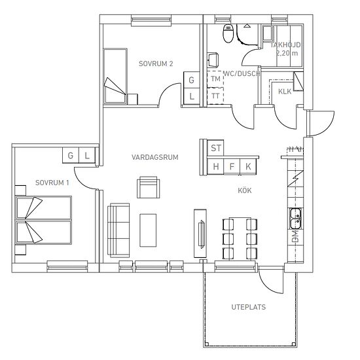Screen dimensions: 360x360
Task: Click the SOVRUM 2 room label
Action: click(156, 63)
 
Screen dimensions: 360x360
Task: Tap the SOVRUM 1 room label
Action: click(52, 183)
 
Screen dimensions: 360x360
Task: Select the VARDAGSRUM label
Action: click(154, 157)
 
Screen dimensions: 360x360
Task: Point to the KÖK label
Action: click(245, 190)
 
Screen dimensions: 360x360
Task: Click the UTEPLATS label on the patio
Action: click(249, 307)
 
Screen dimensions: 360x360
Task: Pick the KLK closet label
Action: click(285, 92)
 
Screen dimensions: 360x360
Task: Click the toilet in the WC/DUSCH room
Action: click(228, 33)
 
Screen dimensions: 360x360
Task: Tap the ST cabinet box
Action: click(215, 148)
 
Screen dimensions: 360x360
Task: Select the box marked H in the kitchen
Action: click(215, 166)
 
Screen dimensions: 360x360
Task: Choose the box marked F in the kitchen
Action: click(232, 166)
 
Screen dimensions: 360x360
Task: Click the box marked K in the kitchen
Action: click(248, 166)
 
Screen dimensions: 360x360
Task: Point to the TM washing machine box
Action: click(215, 79)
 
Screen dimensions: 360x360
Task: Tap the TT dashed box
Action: click(215, 96)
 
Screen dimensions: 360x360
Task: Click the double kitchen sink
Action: click(295, 219)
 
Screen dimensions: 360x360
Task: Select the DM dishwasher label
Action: click(296, 237)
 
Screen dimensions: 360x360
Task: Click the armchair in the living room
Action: click(149, 187)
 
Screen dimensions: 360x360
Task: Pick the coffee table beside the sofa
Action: click(148, 230)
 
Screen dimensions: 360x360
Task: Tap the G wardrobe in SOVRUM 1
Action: click(71, 155)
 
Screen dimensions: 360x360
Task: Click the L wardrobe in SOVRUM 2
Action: click(192, 96)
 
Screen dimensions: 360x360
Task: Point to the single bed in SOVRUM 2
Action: click(115, 76)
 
